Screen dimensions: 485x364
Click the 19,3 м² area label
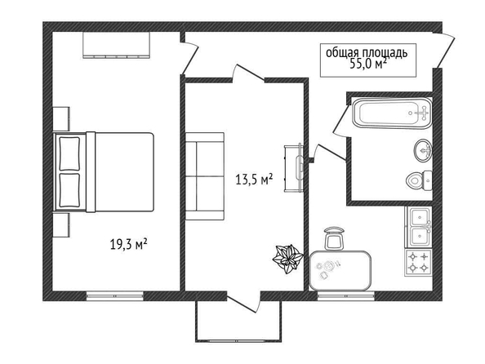(x=128, y=244)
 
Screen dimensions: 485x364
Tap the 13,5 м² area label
(x=254, y=179)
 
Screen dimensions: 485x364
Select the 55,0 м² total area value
(x=368, y=63)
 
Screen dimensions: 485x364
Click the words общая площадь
(x=367, y=52)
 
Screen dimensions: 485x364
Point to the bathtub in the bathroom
(x=392, y=113)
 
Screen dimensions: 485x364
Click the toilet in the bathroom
(x=419, y=180)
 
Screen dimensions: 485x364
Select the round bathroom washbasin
(x=423, y=150)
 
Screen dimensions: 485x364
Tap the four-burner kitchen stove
(x=419, y=263)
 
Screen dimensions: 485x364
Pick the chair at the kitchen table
(x=334, y=238)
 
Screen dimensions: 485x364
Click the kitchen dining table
(x=340, y=271)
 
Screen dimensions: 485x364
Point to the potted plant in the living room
(x=287, y=259)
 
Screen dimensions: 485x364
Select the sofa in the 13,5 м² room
(x=205, y=176)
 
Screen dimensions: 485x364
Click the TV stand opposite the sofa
(x=293, y=168)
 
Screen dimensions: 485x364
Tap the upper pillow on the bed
(x=69, y=153)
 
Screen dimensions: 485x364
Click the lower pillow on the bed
(x=69, y=190)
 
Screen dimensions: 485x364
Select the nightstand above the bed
(x=61, y=119)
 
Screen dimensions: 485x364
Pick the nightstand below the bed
(x=61, y=225)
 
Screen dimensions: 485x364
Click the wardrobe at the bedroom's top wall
(x=116, y=45)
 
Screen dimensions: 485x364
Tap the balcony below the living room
(x=238, y=321)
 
